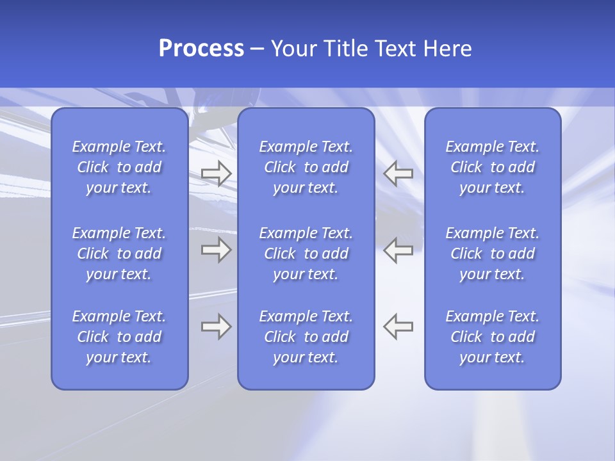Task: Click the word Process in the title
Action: click(201, 49)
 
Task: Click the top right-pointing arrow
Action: click(216, 173)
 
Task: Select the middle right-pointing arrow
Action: click(216, 250)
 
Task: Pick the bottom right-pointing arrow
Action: click(216, 327)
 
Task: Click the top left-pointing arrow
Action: click(398, 173)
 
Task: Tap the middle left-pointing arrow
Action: click(398, 250)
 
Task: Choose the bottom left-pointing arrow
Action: click(398, 327)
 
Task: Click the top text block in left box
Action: click(119, 167)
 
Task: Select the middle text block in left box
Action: click(119, 254)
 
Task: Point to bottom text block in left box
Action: click(119, 337)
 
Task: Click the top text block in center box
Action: click(306, 167)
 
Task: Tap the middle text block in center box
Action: click(306, 254)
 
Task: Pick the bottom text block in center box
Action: click(306, 337)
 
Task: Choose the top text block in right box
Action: click(493, 167)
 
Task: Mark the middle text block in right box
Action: click(493, 254)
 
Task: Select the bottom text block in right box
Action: click(493, 337)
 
